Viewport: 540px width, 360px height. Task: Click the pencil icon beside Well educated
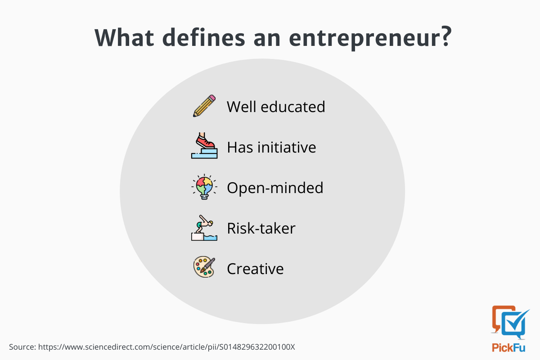[x=204, y=106]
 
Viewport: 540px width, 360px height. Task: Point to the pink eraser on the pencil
[x=212, y=97]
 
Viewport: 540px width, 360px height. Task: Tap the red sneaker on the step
[x=205, y=141]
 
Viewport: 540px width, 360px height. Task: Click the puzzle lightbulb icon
[x=204, y=187]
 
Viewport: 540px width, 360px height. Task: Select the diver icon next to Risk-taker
[x=204, y=228]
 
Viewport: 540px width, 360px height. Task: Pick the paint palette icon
[x=204, y=267]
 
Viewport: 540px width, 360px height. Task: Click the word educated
[x=293, y=107]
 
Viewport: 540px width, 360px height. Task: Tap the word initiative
[x=287, y=147]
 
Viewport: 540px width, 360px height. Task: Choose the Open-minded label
[x=275, y=188]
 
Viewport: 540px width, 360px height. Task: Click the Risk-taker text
[x=261, y=228]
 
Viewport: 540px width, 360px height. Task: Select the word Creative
[x=255, y=269]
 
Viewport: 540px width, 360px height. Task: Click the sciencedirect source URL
[x=166, y=347]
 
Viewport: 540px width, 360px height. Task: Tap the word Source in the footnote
[x=22, y=347]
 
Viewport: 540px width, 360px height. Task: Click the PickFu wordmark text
[x=508, y=348]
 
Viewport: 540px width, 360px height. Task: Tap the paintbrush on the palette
[x=207, y=265]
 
